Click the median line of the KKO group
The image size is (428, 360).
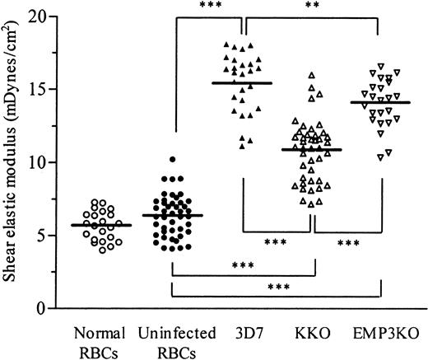pyautogui.click(x=311, y=150)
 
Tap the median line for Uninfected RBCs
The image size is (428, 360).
pyautogui.click(x=172, y=215)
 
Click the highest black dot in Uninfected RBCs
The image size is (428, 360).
pyautogui.click(x=172, y=159)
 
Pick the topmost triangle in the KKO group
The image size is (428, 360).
pyautogui.click(x=311, y=75)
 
